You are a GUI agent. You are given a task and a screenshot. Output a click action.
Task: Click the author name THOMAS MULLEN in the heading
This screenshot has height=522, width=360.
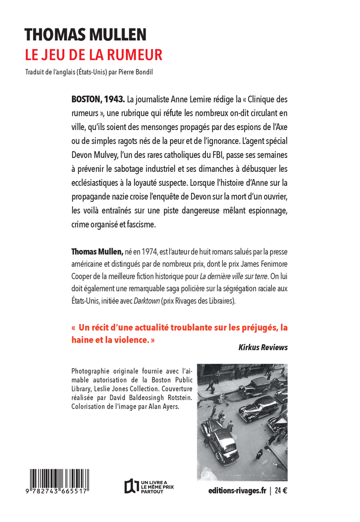point(85,34)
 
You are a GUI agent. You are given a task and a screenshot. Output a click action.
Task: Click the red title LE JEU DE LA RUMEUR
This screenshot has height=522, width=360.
point(93,54)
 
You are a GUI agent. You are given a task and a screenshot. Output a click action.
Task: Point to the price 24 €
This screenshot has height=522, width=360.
point(281,490)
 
